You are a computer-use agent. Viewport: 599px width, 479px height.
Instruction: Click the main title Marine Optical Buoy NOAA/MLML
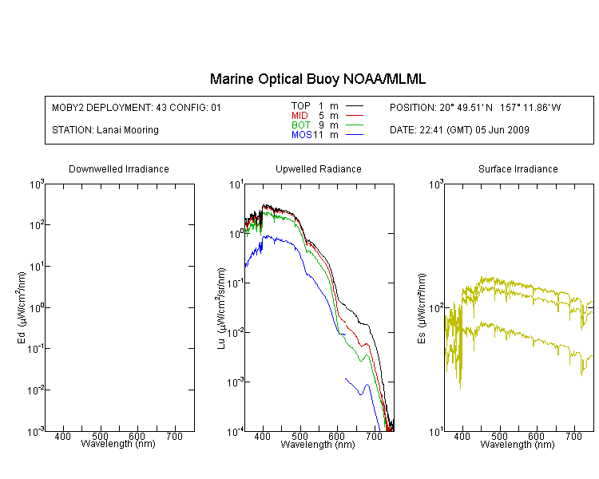point(317,79)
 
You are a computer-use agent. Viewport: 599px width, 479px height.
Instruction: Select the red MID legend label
point(299,115)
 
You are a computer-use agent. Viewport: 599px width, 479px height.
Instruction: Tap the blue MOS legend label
point(301,135)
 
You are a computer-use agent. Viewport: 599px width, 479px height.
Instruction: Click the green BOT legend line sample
point(355,125)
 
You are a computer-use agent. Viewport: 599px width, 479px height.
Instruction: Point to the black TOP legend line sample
point(355,106)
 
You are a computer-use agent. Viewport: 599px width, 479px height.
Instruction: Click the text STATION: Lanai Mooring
point(105,130)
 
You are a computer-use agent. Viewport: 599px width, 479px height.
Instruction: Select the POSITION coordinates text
point(475,107)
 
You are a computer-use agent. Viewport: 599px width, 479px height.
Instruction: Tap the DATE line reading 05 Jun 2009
point(459,130)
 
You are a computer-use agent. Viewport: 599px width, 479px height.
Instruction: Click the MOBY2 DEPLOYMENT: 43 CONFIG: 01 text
point(137,107)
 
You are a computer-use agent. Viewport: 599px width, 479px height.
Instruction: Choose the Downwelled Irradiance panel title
point(119,168)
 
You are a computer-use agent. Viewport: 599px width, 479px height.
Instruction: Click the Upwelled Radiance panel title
point(319,168)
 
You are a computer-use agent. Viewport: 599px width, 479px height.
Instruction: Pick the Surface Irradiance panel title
point(518,168)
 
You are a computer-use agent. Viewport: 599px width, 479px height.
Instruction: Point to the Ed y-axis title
point(22,308)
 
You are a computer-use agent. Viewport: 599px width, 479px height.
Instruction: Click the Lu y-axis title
point(221,308)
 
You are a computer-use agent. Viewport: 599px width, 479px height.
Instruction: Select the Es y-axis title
point(422,309)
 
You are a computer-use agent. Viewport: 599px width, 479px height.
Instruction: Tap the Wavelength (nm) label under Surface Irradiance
point(518,444)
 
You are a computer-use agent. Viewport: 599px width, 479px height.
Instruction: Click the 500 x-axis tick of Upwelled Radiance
point(299,436)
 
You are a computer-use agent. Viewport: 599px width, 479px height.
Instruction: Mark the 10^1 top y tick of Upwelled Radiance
point(236,185)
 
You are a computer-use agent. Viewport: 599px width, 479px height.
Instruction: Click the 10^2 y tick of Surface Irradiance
point(436,308)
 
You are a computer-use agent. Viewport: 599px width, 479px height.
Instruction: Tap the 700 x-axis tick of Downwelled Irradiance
point(175,436)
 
